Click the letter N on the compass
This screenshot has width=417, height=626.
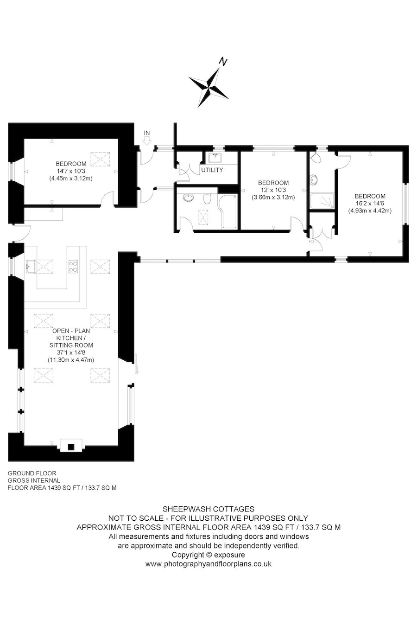[222, 62]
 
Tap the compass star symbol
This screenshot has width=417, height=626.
[208, 87]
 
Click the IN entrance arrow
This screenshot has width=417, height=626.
[146, 141]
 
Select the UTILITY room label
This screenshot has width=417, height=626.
[212, 170]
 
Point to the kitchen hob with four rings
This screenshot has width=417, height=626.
[73, 266]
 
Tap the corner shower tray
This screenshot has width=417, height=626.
[322, 201]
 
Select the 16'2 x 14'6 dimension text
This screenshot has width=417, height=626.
[370, 204]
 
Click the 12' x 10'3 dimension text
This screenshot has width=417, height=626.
[273, 190]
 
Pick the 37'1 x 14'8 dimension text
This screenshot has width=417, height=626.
[71, 352]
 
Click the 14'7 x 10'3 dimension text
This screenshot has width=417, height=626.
[71, 171]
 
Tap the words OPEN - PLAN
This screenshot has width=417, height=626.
[71, 331]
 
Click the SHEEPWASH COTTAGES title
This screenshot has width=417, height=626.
[208, 509]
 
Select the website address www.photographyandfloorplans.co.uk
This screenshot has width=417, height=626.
[208, 564]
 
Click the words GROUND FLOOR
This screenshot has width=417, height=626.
[32, 473]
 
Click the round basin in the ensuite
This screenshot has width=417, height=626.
[314, 180]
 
